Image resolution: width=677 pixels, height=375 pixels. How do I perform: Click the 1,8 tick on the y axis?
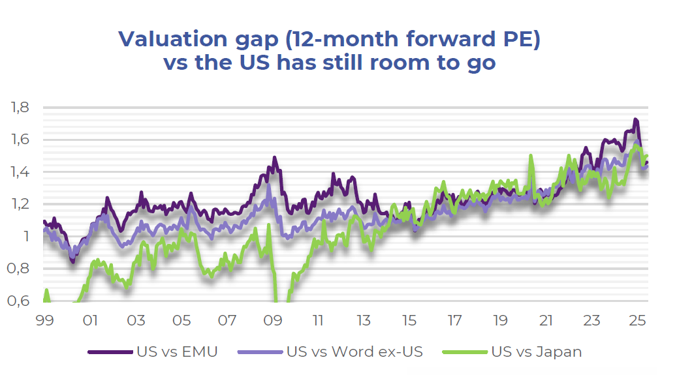point(21,108)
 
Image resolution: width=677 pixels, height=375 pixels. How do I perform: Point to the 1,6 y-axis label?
point(21,140)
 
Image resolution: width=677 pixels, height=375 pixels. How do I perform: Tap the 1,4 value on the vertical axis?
point(21,172)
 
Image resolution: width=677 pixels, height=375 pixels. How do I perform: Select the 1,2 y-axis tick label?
point(21,204)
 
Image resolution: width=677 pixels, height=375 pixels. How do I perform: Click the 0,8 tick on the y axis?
point(21,269)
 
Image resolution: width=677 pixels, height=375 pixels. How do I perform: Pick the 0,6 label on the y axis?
point(21,301)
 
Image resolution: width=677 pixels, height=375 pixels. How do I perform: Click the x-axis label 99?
point(45,321)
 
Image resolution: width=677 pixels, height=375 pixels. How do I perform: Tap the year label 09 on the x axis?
point(273,321)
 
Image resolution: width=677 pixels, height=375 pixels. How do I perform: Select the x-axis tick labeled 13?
point(364,321)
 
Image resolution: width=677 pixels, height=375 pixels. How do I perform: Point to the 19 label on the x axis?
point(501,321)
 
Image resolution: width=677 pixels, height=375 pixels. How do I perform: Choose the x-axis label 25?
point(637,321)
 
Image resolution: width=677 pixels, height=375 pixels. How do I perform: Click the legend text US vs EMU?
point(177,352)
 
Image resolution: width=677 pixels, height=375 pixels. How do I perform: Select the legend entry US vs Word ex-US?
point(354,352)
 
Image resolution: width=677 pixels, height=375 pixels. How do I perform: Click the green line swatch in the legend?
point(465,352)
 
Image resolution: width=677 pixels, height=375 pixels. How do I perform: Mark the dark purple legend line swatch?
point(110,352)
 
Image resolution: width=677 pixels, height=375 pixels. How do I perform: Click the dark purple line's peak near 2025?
point(635,120)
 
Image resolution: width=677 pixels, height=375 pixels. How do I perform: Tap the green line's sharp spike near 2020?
point(531,156)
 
